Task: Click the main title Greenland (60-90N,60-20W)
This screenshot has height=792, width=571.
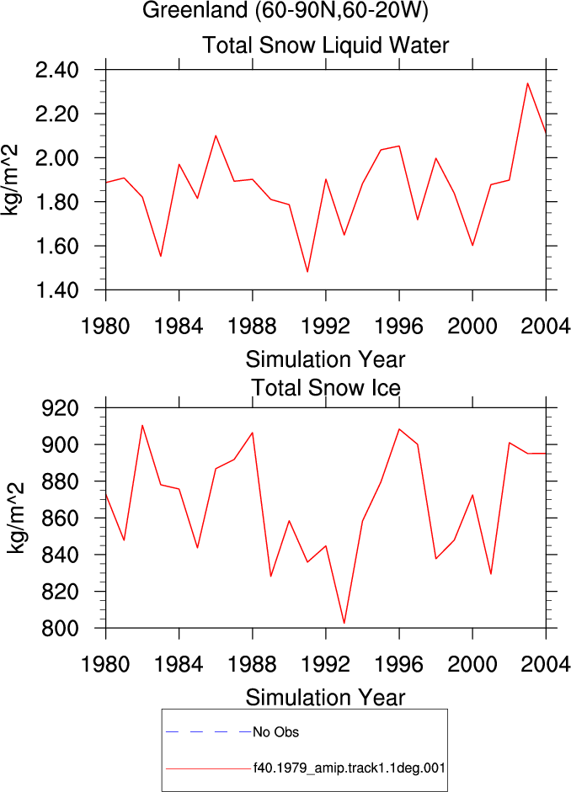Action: pyautogui.click(x=285, y=10)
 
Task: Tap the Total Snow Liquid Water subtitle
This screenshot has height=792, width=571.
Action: pyautogui.click(x=325, y=45)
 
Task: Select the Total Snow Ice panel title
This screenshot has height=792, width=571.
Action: pyautogui.click(x=326, y=388)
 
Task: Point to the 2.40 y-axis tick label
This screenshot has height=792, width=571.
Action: pyautogui.click(x=57, y=70)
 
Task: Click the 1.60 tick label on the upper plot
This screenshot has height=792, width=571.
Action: pyautogui.click(x=57, y=247)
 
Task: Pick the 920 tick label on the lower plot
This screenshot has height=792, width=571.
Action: pyautogui.click(x=60, y=408)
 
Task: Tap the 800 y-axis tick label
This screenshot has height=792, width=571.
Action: pyautogui.click(x=60, y=629)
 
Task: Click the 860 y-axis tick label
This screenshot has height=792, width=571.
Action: pyautogui.click(x=60, y=518)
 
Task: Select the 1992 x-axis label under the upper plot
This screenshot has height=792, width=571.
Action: pyautogui.click(x=325, y=327)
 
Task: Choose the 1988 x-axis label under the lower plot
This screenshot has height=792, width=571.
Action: pyautogui.click(x=252, y=664)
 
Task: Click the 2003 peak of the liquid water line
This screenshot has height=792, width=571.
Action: pyautogui.click(x=527, y=83)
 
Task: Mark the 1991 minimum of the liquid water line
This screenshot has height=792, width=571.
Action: pyautogui.click(x=307, y=272)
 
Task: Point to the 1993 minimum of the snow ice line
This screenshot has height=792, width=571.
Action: pyautogui.click(x=344, y=623)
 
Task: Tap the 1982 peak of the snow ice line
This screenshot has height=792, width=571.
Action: pyautogui.click(x=142, y=425)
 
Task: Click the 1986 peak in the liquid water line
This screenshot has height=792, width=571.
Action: pyautogui.click(x=216, y=136)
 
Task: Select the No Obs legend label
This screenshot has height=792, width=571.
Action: pyautogui.click(x=276, y=732)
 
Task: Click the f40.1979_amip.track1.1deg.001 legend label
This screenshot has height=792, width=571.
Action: pyautogui.click(x=350, y=768)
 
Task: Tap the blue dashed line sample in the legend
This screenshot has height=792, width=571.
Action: pyautogui.click(x=209, y=731)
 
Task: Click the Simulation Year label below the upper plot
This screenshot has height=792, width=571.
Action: pyautogui.click(x=325, y=359)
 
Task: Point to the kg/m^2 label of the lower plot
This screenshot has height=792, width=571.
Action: pyautogui.click(x=15, y=518)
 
